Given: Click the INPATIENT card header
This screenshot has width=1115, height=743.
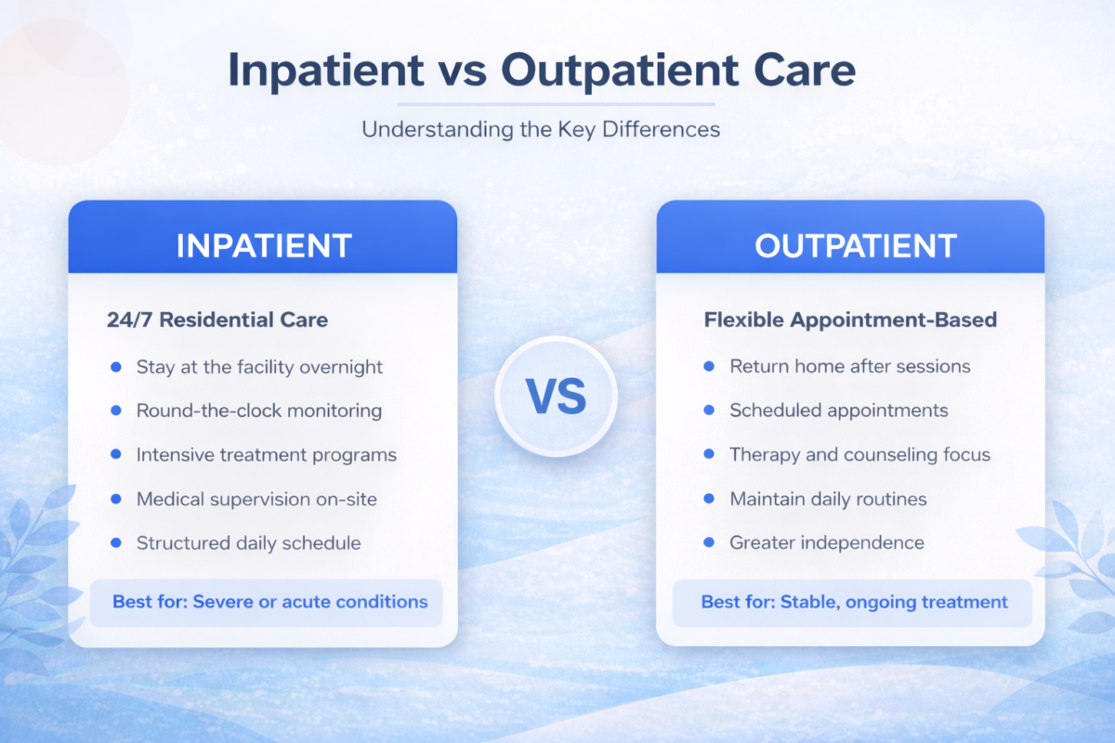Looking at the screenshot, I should (x=263, y=245).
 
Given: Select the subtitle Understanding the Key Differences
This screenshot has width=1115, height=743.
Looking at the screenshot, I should (x=541, y=128).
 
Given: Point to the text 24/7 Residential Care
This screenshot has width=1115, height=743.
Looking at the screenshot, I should (x=217, y=320).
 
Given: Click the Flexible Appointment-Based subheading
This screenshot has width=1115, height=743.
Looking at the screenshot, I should (x=850, y=320).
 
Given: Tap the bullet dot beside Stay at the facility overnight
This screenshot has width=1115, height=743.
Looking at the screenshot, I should (x=116, y=367).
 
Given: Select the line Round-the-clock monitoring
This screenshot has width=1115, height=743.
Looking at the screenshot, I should (x=258, y=411).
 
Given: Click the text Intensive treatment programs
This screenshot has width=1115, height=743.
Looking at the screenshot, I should (x=267, y=455).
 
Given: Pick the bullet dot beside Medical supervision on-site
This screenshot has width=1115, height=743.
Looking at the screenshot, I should (x=116, y=499).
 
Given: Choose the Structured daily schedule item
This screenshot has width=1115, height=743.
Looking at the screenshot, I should (x=248, y=543).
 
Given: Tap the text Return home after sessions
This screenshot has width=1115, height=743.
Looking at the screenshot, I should (x=849, y=366).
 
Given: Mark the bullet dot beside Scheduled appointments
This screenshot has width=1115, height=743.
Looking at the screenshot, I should (x=709, y=410).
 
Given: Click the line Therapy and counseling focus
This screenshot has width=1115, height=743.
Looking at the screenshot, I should (x=859, y=455).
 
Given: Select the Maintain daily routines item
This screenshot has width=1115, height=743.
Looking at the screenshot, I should (x=828, y=499).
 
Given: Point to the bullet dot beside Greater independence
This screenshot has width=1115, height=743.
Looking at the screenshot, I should (x=709, y=542).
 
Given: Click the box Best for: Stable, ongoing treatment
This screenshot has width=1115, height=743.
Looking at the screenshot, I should (x=852, y=602).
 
